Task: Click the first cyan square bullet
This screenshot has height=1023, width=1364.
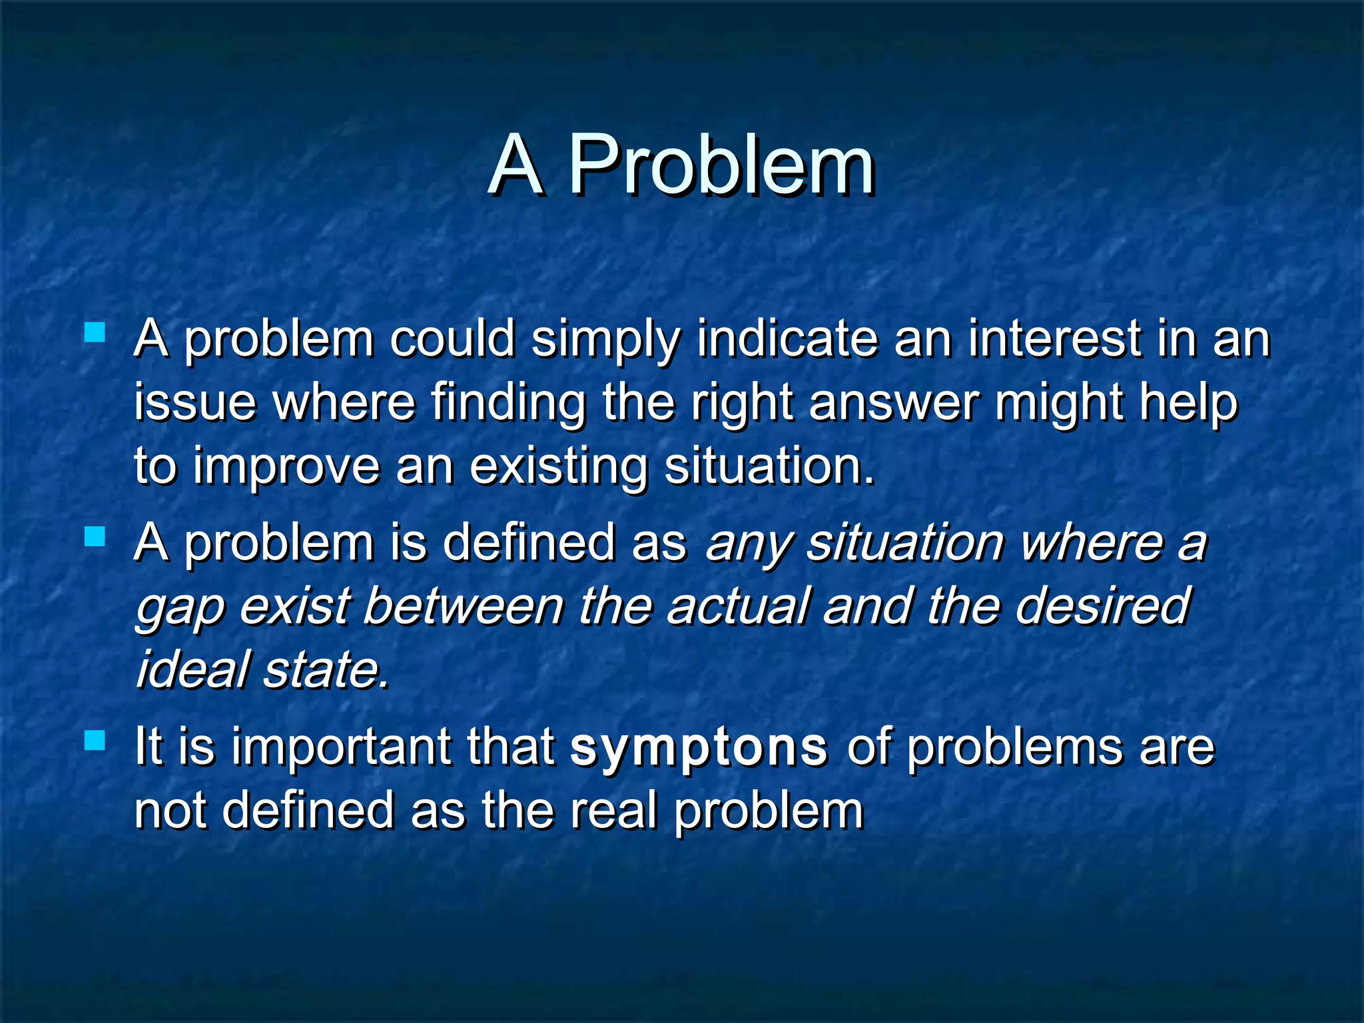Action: pyautogui.click(x=95, y=332)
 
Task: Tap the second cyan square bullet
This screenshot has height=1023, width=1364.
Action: pyautogui.click(x=95, y=536)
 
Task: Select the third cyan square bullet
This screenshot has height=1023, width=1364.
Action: pyautogui.click(x=95, y=740)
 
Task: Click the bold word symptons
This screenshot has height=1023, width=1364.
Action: pyautogui.click(x=699, y=747)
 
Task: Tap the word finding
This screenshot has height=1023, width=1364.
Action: pyautogui.click(x=508, y=404)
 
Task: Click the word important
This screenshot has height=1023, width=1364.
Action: pyautogui.click(x=341, y=747)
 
